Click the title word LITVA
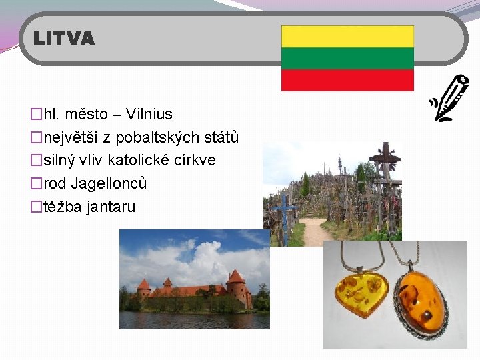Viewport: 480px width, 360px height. pos(64,39)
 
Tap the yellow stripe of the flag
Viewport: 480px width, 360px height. pos(347,37)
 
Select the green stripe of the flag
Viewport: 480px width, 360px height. pos(347,59)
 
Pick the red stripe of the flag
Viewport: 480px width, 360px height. pos(347,80)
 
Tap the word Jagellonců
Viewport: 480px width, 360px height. pos(109,183)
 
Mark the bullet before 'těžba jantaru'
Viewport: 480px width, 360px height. pos(36,207)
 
